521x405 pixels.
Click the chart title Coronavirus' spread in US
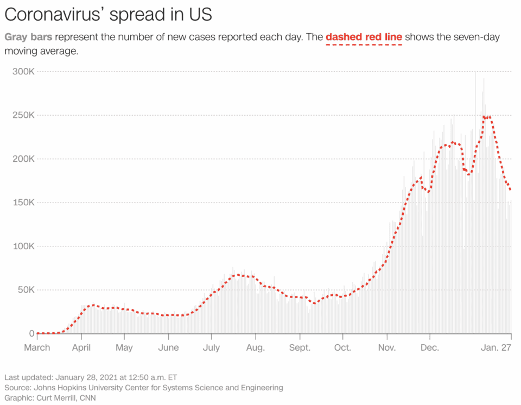click(x=108, y=15)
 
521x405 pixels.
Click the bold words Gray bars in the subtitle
click(x=28, y=37)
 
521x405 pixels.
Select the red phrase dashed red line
click(x=364, y=37)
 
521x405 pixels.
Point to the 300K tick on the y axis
click(x=23, y=72)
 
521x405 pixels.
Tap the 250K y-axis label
click(x=23, y=116)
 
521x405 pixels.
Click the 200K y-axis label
click(x=23, y=159)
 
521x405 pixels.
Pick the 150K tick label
click(x=23, y=202)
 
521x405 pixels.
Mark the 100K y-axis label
click(x=23, y=246)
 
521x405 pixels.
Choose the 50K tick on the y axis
click(x=26, y=290)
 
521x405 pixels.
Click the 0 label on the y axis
click(x=31, y=333)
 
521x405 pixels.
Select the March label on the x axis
click(x=37, y=347)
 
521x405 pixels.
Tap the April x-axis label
click(x=81, y=347)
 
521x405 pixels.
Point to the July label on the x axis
click(x=211, y=347)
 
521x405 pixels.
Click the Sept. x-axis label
click(x=300, y=347)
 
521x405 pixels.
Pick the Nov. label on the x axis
click(x=387, y=347)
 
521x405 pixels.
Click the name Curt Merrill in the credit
click(x=56, y=397)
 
